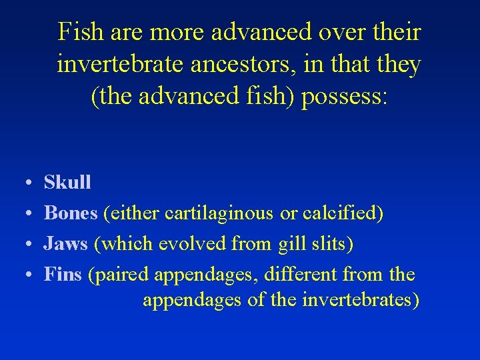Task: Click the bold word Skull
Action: [67, 182]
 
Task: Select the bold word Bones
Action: [70, 213]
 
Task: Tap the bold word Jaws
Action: [65, 244]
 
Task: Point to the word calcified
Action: [340, 213]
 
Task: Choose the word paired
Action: [125, 275]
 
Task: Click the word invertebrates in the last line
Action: [357, 300]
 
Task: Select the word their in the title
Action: [399, 32]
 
